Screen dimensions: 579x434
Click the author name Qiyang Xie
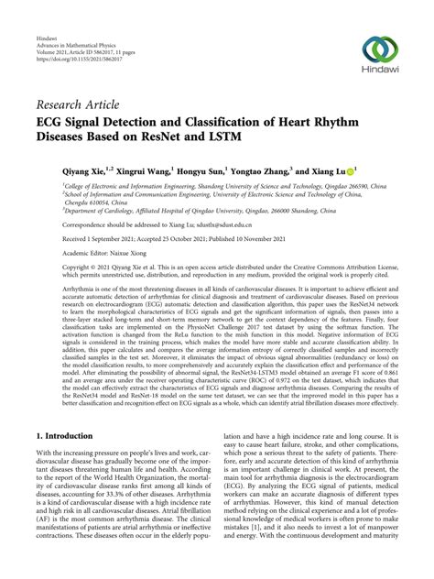tap(87, 170)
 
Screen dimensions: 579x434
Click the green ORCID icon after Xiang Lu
tap(355, 170)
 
